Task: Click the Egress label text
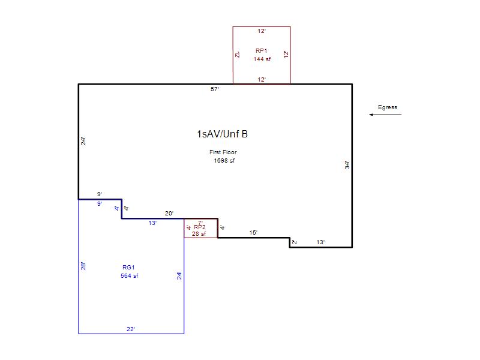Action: pyautogui.click(x=387, y=107)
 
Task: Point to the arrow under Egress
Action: pyautogui.click(x=385, y=115)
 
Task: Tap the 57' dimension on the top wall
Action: pyautogui.click(x=215, y=89)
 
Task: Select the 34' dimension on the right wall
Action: pyautogui.click(x=347, y=166)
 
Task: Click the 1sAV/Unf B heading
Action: pyautogui.click(x=222, y=134)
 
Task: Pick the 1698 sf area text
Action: pyautogui.click(x=224, y=161)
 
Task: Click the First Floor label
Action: pyautogui.click(x=223, y=152)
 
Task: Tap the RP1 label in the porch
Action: pyautogui.click(x=262, y=51)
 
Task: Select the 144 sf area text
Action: pyautogui.click(x=262, y=59)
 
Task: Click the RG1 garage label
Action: pyautogui.click(x=128, y=267)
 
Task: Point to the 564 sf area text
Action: pyautogui.click(x=129, y=276)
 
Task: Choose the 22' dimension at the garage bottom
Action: pyautogui.click(x=131, y=329)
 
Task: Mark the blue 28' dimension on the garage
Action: pyautogui.click(x=83, y=266)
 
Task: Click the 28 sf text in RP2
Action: pyautogui.click(x=199, y=234)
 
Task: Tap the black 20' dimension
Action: pyautogui.click(x=169, y=214)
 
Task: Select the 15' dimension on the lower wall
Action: pyautogui.click(x=253, y=233)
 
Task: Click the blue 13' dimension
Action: pyautogui.click(x=153, y=223)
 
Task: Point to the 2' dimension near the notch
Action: pyautogui.click(x=294, y=242)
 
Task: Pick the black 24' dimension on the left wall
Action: pyautogui.click(x=83, y=141)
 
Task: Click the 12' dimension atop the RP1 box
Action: pyautogui.click(x=262, y=31)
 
